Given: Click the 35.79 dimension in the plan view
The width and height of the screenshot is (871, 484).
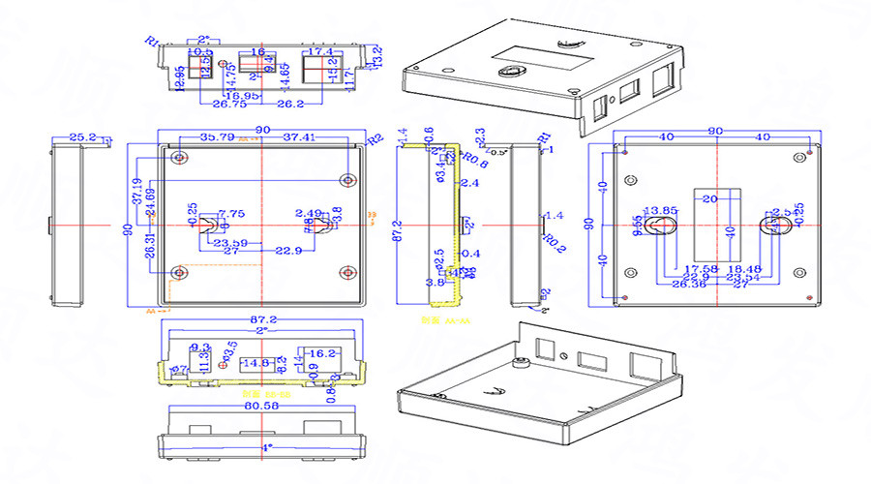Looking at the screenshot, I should (216, 136).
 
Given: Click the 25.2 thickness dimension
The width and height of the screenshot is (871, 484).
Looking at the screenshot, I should (84, 137).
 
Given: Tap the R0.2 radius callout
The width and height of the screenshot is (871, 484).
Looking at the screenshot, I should (554, 239).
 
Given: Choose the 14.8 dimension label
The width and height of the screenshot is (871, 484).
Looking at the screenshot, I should (256, 363).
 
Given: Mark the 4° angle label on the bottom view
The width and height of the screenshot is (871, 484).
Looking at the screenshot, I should (266, 447).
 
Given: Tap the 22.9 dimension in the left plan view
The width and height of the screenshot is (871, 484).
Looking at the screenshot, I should (287, 251).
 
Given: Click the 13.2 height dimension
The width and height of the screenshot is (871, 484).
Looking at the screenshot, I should (377, 56).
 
